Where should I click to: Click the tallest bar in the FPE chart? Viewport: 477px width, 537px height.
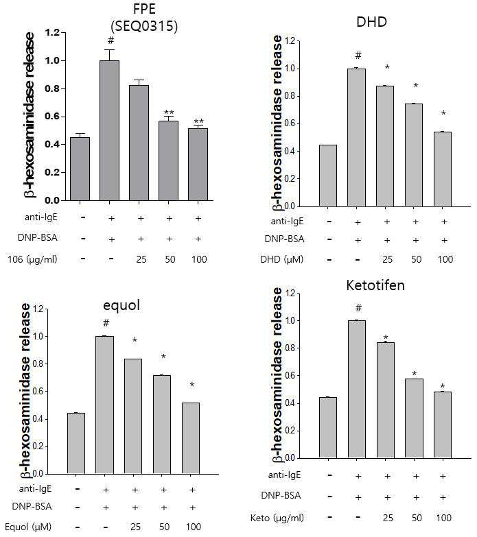[x=109, y=130]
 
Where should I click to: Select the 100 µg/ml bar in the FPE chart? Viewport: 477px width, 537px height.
[x=198, y=165]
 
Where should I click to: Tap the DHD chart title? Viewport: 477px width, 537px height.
[x=371, y=22]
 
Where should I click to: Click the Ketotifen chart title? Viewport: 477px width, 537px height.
[x=375, y=285]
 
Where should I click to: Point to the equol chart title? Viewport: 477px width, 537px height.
[x=121, y=305]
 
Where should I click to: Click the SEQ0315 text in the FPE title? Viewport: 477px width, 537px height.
[x=144, y=26]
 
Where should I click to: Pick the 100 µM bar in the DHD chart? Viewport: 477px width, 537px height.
[x=443, y=169]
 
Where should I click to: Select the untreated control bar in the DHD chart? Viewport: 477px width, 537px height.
[x=328, y=176]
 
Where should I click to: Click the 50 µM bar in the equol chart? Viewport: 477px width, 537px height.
[x=162, y=425]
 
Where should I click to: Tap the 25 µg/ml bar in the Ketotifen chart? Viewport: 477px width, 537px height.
[x=386, y=401]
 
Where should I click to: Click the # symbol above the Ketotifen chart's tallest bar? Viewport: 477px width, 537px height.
[x=358, y=307]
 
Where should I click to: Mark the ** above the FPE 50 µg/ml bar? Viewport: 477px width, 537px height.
[x=169, y=112]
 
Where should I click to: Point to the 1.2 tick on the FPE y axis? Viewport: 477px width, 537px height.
[x=53, y=32]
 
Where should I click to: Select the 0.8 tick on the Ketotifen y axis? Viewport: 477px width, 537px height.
[x=292, y=348]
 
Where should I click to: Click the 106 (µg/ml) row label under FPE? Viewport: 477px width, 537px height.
[x=32, y=259]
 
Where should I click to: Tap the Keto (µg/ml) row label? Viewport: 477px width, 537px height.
[x=277, y=518]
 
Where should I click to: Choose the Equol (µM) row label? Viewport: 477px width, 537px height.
[x=28, y=527]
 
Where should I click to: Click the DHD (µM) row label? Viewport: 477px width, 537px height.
[x=281, y=259]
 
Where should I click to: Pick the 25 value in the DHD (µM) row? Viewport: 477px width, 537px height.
[x=387, y=259]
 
